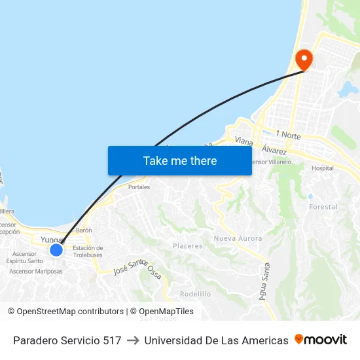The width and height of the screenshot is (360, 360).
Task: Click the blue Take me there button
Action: pyautogui.click(x=180, y=160)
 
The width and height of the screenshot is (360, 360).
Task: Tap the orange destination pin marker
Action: pyautogui.click(x=304, y=60)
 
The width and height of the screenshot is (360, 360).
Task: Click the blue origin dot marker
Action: pyautogui.click(x=56, y=249)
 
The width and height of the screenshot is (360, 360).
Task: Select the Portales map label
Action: pyautogui.click(x=139, y=187)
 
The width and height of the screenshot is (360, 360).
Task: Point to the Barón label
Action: pyautogui.click(x=84, y=230)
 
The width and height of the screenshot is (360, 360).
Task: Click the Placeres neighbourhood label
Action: pyautogui.click(x=187, y=246)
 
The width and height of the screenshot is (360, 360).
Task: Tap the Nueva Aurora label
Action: pyautogui.click(x=238, y=238)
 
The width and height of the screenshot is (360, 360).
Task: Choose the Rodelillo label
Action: pyautogui.click(x=195, y=294)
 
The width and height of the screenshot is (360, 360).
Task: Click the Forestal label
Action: pyautogui.click(x=323, y=207)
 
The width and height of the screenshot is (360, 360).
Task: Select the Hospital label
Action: pyautogui.click(x=323, y=168)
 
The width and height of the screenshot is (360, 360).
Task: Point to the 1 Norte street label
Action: pyautogui.click(x=288, y=135)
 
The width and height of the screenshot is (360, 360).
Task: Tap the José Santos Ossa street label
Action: pyautogui.click(x=137, y=266)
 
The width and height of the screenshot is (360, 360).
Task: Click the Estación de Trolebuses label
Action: pyautogui.click(x=88, y=251)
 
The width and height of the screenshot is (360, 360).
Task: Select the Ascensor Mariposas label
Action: pyautogui.click(x=36, y=271)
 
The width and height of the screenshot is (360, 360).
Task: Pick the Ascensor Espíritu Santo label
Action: pyautogui.click(x=25, y=257)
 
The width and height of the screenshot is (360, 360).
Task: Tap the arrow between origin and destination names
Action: pyautogui.click(x=132, y=340)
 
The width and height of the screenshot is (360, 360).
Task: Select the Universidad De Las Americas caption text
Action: pyautogui.click(x=216, y=340)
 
